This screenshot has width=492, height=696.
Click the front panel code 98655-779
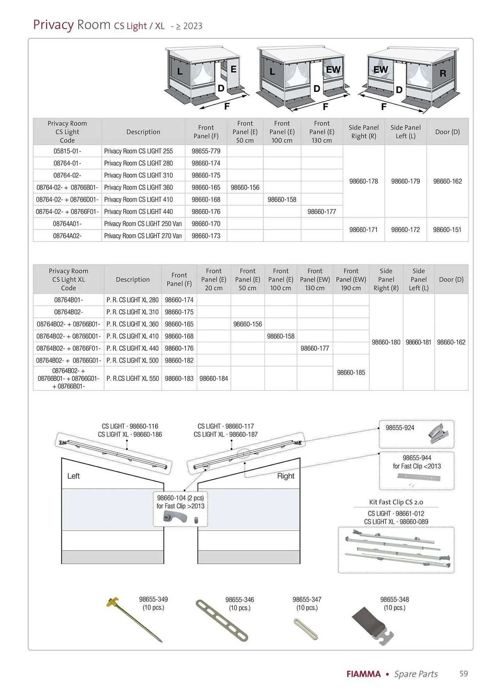206,151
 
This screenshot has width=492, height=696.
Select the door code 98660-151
447,230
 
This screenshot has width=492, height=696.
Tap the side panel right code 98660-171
363,230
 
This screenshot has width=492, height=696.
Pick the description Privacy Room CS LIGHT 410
138,199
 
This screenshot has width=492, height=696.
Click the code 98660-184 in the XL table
214,378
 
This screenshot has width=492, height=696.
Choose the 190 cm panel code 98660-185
351,372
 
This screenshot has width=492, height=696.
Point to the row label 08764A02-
67,236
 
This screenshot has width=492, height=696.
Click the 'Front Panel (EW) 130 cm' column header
315,279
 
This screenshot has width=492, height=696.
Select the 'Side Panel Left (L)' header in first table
405,132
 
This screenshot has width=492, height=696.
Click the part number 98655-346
240,600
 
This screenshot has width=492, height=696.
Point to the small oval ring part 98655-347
306,629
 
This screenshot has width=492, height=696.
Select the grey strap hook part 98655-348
372,626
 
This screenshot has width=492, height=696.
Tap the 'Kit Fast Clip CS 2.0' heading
396,502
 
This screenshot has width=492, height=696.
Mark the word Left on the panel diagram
73,476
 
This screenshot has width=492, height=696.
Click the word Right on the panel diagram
286,476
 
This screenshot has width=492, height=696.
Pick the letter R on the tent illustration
443,73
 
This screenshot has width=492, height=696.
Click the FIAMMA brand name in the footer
364,674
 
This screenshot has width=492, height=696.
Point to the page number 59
463,674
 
